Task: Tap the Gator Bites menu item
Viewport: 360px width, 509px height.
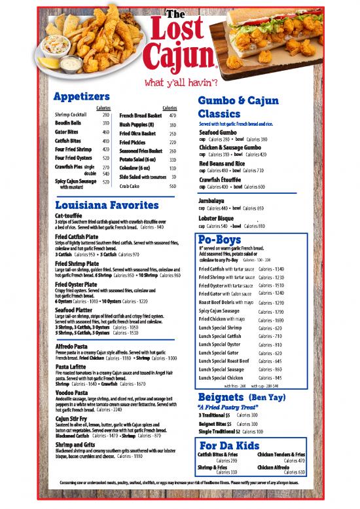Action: click(68, 132)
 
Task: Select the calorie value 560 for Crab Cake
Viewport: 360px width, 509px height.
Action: click(173, 187)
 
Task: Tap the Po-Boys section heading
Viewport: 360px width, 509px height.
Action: click(222, 238)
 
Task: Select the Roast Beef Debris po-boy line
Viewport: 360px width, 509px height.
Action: click(226, 303)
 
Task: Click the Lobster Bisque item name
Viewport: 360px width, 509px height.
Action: click(216, 217)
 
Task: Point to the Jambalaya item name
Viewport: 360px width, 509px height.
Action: click(212, 200)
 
